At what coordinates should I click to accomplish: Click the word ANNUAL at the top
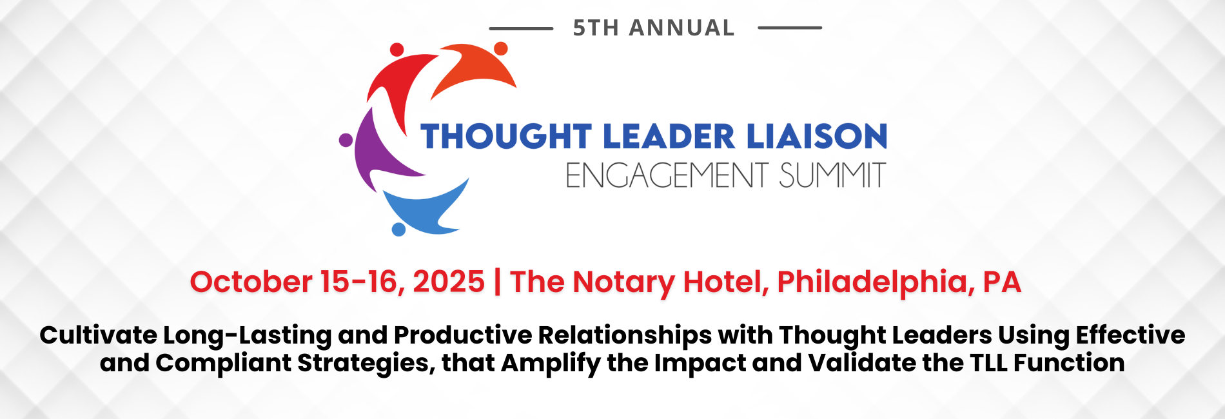click(681, 28)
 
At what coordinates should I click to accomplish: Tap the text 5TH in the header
click(596, 28)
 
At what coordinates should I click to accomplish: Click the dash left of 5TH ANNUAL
click(521, 28)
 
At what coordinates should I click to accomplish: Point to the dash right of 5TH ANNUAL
click(790, 28)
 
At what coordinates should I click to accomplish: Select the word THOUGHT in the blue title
click(506, 136)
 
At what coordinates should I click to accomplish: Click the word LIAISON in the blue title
click(816, 136)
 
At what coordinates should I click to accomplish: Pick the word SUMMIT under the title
click(832, 175)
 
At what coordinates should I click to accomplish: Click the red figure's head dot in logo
click(397, 50)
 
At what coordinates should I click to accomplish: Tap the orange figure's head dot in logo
click(501, 48)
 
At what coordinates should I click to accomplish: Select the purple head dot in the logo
click(346, 140)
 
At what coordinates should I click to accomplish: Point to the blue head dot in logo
click(398, 229)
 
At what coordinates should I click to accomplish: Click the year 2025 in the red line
click(449, 282)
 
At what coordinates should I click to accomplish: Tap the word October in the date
click(251, 282)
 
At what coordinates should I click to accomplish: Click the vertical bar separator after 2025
click(497, 282)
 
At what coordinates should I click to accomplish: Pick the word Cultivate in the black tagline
click(99, 335)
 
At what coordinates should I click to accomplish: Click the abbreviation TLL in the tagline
click(990, 363)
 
